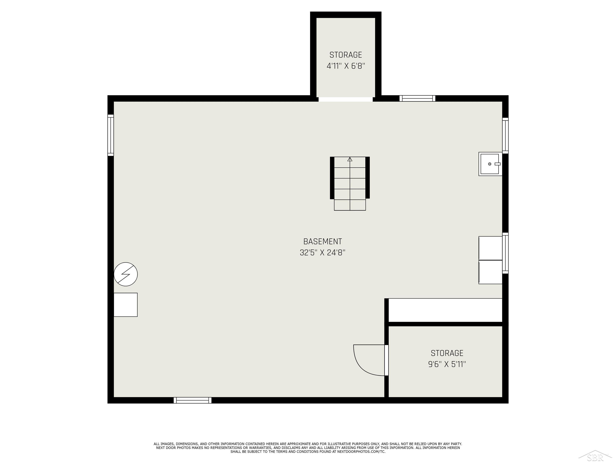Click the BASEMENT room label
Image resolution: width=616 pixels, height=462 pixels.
click(322, 241)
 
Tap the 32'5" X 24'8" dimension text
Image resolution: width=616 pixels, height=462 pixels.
click(322, 253)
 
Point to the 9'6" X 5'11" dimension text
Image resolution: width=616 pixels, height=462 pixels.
click(447, 364)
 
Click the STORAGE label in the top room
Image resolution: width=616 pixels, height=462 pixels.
click(345, 55)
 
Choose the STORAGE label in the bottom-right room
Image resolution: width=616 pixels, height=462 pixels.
click(447, 353)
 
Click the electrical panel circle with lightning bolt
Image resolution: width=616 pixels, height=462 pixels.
click(126, 274)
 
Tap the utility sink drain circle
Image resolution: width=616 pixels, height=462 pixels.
click(489, 164)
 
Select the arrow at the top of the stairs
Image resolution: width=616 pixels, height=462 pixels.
click(350, 159)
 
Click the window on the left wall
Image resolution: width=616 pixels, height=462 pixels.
click(110, 135)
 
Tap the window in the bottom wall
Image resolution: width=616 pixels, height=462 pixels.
click(192, 400)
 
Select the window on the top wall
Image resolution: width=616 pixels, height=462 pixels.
click(417, 98)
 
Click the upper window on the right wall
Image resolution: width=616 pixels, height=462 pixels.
click(505, 136)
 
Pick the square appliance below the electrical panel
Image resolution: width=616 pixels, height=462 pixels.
click(126, 305)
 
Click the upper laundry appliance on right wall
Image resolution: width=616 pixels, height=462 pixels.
click(490, 248)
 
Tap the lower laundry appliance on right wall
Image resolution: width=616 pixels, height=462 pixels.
click(490, 272)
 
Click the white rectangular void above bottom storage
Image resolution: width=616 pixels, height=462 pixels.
click(445, 310)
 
